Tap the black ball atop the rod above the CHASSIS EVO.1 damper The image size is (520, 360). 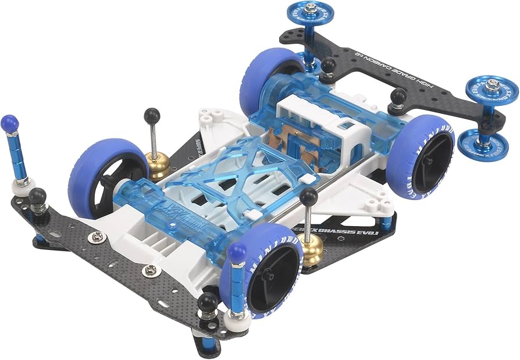309,196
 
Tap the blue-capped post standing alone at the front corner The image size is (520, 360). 10,124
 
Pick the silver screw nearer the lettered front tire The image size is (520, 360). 151,269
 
